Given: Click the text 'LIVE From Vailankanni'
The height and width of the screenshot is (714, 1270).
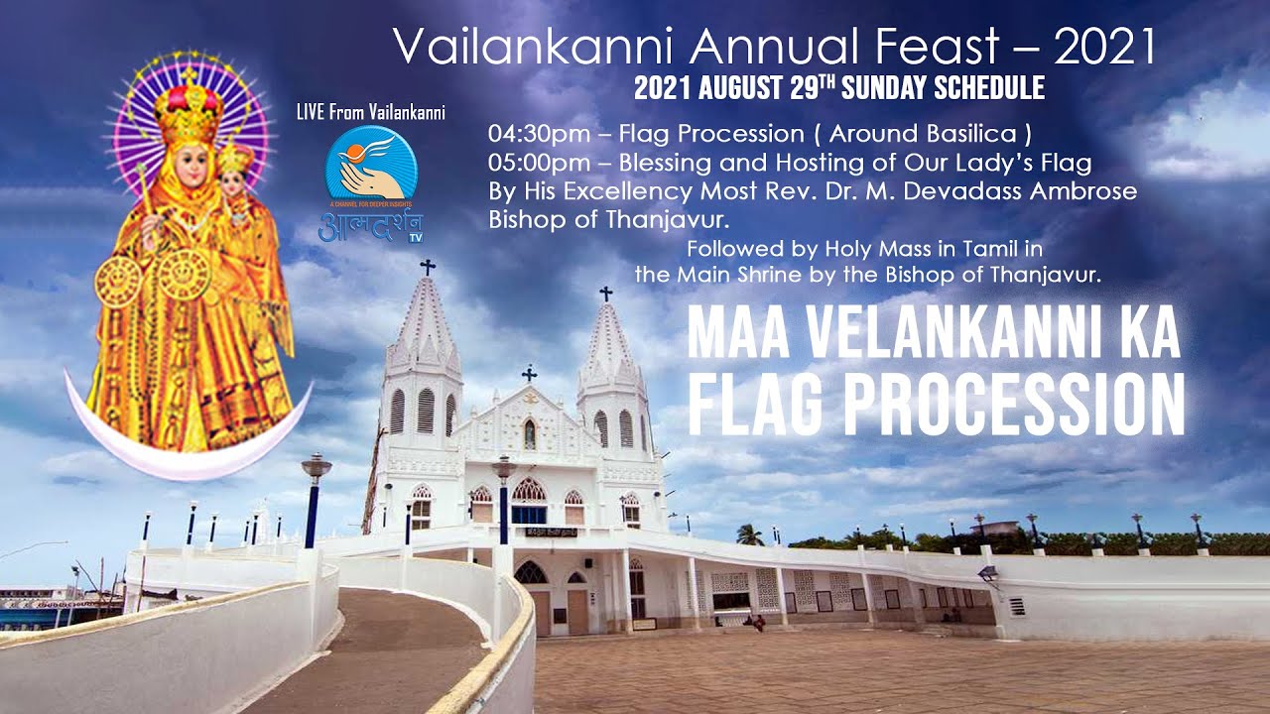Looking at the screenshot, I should click(370, 112).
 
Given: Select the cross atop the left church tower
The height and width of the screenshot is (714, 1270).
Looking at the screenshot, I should click(428, 267).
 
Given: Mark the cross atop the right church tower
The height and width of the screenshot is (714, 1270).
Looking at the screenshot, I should click(605, 294).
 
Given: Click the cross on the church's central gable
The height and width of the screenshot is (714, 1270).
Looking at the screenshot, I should click(529, 374).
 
